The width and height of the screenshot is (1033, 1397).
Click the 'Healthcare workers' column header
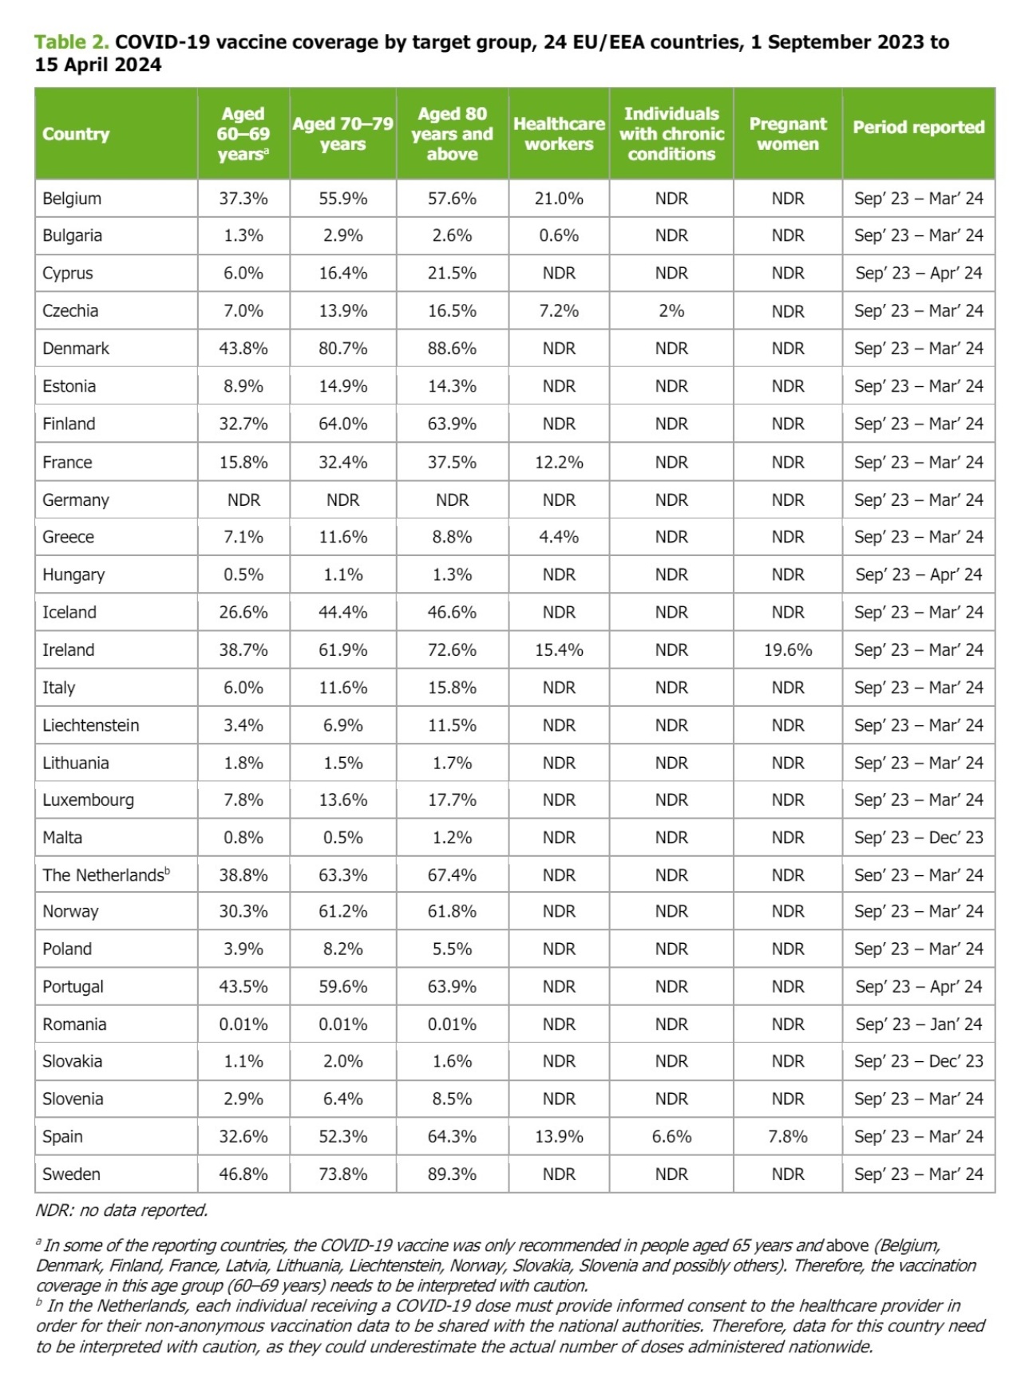coord(559,134)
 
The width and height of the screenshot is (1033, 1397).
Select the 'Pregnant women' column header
coord(787,134)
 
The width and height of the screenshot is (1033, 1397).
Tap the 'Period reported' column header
coord(918,128)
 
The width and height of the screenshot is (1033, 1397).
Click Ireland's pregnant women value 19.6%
coord(787,650)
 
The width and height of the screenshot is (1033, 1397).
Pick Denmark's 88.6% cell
coord(452,349)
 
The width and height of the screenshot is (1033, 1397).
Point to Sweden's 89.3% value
coord(452,1174)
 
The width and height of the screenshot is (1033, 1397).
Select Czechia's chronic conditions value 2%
coord(671,311)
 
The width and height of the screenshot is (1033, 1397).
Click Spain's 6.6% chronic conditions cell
coord(671,1137)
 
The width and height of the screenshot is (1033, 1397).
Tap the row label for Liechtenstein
coord(91,725)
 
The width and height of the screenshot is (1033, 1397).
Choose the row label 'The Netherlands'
coord(103,875)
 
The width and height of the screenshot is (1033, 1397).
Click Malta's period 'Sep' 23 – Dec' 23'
coord(918,838)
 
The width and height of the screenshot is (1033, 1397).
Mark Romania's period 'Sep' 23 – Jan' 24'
coord(918,1024)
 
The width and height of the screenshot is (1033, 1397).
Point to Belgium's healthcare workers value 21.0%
coord(559,199)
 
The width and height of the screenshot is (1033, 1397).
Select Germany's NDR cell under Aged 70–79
coord(342,500)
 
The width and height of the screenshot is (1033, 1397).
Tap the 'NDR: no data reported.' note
coord(121,1210)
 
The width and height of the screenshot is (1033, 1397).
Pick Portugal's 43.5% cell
coord(243,987)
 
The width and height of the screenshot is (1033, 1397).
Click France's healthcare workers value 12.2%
coord(559,463)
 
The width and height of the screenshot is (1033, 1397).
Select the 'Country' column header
coord(76,134)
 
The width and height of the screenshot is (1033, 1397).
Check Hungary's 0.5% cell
coord(243,575)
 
